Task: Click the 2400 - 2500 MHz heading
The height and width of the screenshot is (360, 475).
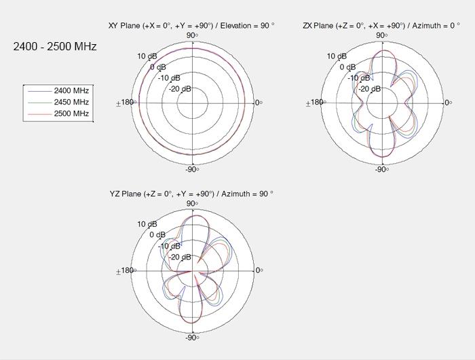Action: (55, 46)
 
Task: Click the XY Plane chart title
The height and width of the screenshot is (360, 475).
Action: (191, 26)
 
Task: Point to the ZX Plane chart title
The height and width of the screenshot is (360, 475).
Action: (381, 26)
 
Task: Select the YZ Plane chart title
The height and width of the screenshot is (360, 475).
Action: (191, 194)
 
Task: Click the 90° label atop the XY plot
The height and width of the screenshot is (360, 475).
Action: (192, 35)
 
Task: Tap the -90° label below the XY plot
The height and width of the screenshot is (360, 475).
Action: (192, 169)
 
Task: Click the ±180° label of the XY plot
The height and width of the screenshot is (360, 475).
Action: (126, 103)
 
